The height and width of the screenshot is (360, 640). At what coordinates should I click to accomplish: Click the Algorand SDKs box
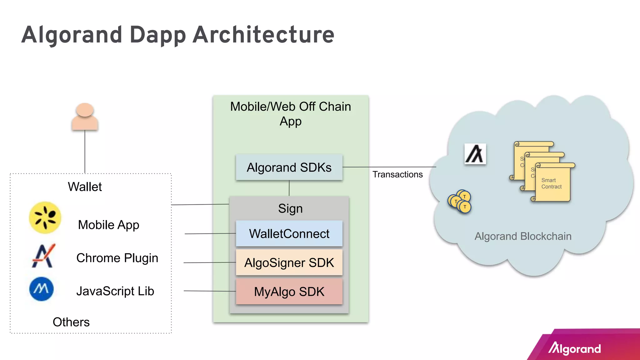click(289, 167)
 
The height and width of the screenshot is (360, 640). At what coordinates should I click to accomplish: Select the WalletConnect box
click(289, 234)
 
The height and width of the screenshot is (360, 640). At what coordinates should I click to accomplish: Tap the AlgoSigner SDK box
click(289, 262)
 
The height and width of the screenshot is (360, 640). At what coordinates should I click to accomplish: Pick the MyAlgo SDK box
click(289, 292)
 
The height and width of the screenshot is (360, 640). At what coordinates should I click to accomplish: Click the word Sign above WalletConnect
click(290, 208)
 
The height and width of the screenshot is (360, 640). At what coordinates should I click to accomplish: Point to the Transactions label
click(397, 174)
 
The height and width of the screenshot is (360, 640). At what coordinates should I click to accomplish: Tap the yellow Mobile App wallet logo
click(45, 217)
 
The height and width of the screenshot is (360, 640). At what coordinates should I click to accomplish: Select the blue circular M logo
click(42, 289)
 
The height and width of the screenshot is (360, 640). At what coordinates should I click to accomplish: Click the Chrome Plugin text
click(117, 258)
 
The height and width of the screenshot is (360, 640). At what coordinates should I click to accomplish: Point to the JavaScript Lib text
click(115, 291)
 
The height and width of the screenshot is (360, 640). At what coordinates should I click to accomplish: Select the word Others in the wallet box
click(71, 322)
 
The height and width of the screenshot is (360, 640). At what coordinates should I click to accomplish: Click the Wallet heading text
click(85, 187)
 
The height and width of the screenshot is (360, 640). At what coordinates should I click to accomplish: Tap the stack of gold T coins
click(459, 202)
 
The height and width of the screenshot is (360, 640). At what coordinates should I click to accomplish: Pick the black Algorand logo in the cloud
click(475, 154)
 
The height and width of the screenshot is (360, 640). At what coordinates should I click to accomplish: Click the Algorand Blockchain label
click(523, 236)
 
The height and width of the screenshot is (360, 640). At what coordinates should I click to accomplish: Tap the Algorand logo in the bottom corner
click(574, 348)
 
